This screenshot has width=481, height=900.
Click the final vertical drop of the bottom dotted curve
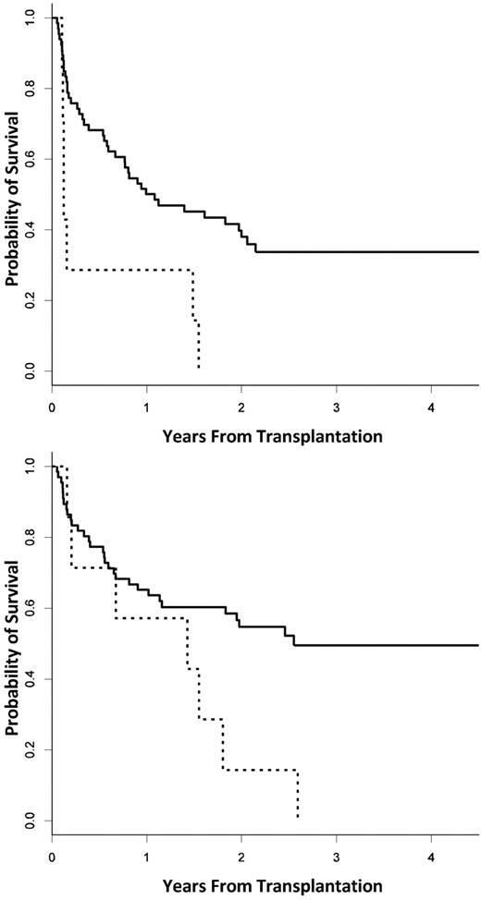click(298, 793)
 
